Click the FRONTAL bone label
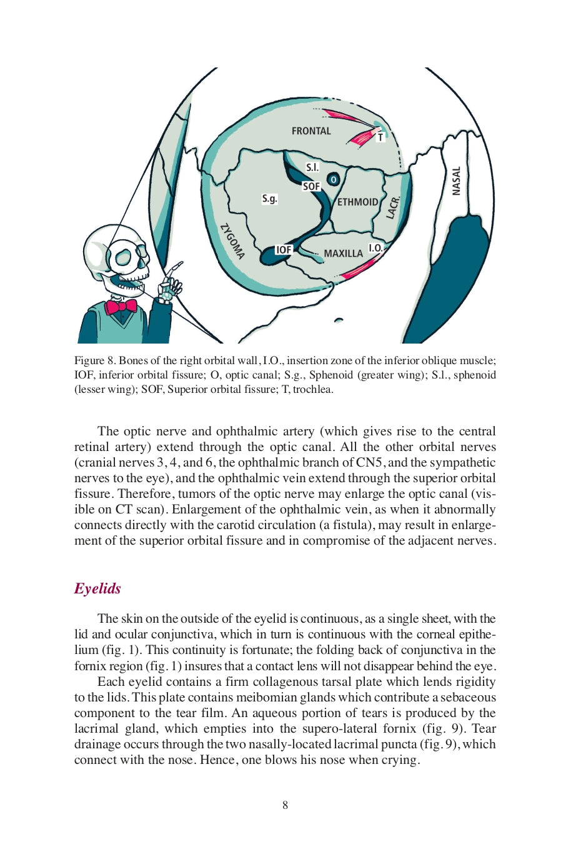pyautogui.click(x=311, y=131)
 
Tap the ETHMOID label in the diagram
pyautogui.click(x=357, y=202)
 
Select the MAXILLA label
pyautogui.click(x=343, y=254)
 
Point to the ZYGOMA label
pyautogui.click(x=232, y=241)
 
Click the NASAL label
pyautogui.click(x=456, y=181)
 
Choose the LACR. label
pyautogui.click(x=392, y=207)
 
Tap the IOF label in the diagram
pyautogui.click(x=284, y=250)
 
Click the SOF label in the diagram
pyautogui.click(x=311, y=187)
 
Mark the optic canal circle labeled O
pyautogui.click(x=334, y=180)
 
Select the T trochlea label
pyautogui.click(x=380, y=137)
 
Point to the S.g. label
pyautogui.click(x=269, y=199)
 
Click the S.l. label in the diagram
pyautogui.click(x=312, y=167)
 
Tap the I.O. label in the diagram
pyautogui.click(x=375, y=248)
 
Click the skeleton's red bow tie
pyautogui.click(x=121, y=306)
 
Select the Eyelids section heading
pyautogui.click(x=97, y=588)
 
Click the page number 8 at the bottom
pyautogui.click(x=286, y=805)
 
